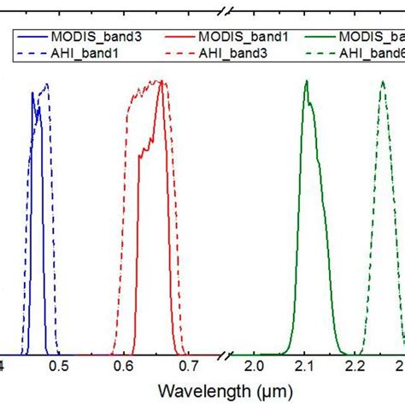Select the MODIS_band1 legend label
[232, 37]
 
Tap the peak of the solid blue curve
[34, 91]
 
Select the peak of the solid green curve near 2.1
[307, 81]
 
